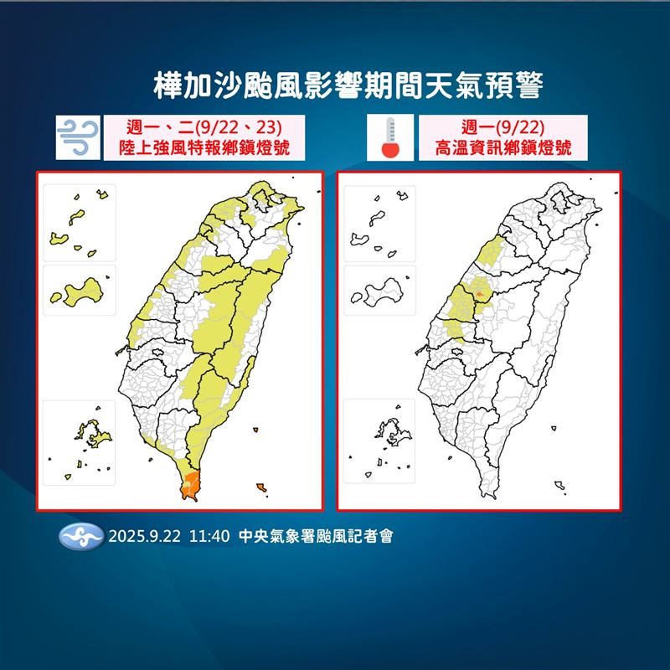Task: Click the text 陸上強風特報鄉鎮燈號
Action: pyautogui.click(x=201, y=149)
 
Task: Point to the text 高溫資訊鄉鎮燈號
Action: pyautogui.click(x=503, y=149)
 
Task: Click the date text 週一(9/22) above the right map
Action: pyautogui.click(x=502, y=128)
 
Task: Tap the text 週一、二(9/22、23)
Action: pyautogui.click(x=201, y=128)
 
